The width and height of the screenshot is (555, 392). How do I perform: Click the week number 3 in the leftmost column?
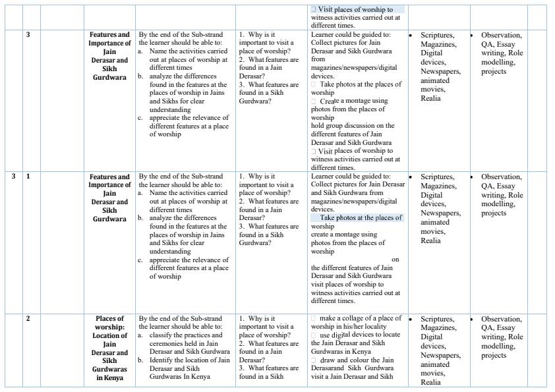point(14,177)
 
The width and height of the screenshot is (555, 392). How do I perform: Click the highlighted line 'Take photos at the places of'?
point(361,217)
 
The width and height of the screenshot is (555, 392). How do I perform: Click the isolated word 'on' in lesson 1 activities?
point(395,259)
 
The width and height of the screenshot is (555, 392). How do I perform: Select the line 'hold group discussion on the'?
point(353,125)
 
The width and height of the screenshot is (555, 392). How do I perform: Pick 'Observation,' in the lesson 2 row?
point(501,319)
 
